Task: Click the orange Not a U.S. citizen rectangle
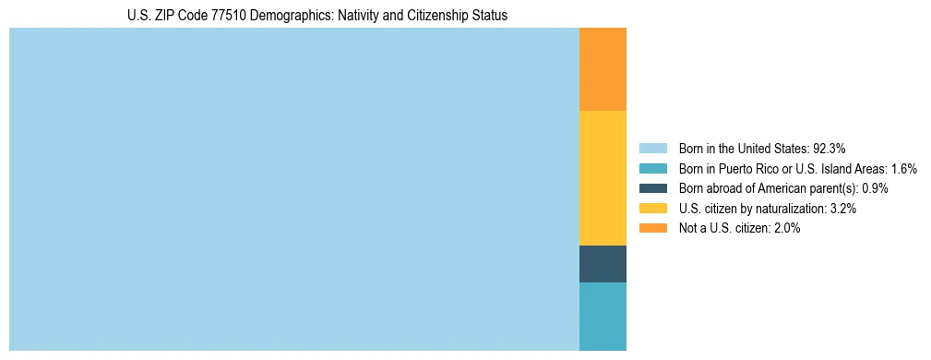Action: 603,69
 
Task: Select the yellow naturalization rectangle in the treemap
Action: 603,177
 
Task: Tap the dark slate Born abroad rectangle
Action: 603,264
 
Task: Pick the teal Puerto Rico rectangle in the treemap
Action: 603,316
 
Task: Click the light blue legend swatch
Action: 652,148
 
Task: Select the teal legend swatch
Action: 652,168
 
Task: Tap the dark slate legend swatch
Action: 652,188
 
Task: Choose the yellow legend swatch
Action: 652,209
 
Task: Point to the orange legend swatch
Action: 652,228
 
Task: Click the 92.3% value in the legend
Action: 829,148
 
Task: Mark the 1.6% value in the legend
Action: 903,168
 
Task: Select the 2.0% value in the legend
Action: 786,228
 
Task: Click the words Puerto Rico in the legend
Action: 747,168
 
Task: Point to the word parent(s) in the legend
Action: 833,188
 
